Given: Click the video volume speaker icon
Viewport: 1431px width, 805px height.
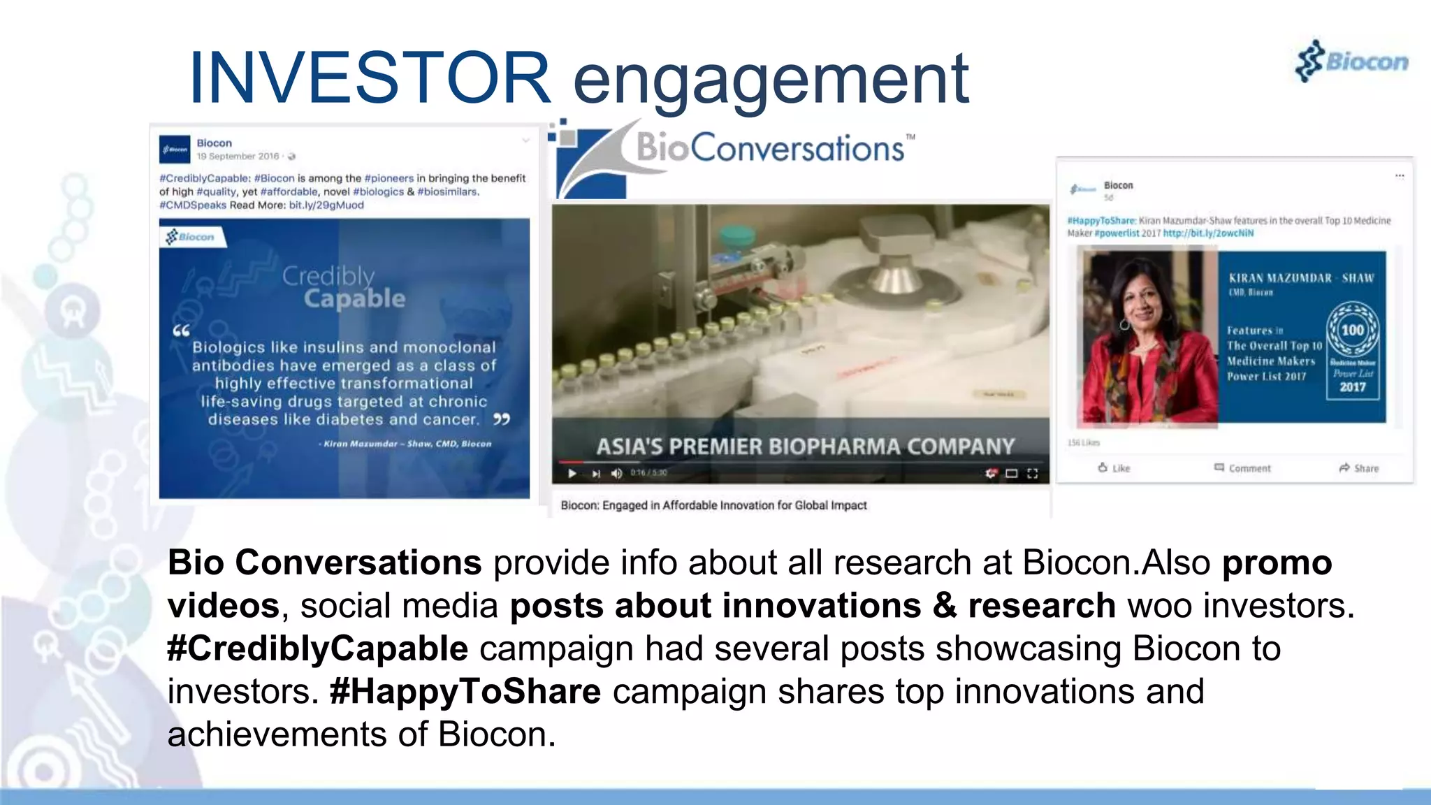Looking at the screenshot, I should (x=616, y=474).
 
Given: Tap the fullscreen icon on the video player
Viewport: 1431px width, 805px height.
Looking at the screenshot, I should (x=1033, y=474).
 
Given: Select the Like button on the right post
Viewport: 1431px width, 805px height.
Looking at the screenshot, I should (x=1114, y=468).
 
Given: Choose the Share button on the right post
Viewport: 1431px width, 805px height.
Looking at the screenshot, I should (x=1359, y=468).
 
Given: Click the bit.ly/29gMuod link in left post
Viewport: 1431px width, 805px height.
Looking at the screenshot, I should (x=326, y=205).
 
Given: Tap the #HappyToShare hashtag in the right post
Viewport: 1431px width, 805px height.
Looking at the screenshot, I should (x=1101, y=221).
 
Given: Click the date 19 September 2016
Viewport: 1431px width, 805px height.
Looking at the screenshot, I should (x=238, y=157).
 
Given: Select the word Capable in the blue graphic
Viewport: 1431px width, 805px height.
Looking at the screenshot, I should (x=354, y=299).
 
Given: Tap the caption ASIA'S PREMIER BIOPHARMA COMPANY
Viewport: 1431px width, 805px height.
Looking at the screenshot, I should (x=805, y=447).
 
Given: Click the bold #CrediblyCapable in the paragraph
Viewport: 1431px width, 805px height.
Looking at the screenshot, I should (x=317, y=648).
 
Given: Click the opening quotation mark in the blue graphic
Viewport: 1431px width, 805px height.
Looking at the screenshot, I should (x=181, y=331).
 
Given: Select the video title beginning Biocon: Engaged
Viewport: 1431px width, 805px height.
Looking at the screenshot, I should (x=713, y=505).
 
